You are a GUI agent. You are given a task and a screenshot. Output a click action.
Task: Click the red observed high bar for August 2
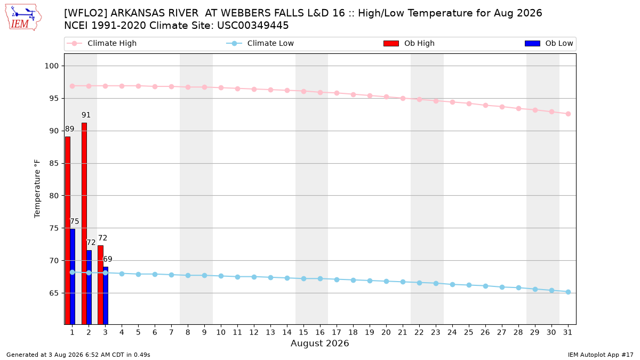tap(84, 223)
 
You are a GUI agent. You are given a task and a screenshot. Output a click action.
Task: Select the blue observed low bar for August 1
tap(73, 277)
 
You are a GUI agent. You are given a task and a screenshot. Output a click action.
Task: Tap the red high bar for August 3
tap(101, 285)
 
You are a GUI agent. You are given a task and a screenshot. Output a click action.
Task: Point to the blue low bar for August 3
tap(106, 295)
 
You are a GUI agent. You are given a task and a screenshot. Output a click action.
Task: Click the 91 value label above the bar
tap(86, 115)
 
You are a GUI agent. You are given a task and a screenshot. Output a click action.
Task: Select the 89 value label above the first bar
tap(70, 129)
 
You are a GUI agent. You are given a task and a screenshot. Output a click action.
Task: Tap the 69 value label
tap(107, 259)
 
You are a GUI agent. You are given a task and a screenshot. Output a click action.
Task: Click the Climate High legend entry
tap(102, 43)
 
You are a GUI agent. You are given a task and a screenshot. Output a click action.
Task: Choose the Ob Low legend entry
tap(549, 43)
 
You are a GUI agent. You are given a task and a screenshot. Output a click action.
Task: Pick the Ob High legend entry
tap(409, 43)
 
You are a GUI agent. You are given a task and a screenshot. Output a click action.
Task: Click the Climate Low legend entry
tap(260, 43)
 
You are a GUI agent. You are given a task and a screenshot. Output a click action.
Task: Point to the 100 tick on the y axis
tap(51, 66)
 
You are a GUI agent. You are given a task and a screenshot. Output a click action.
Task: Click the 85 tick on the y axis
tap(54, 163)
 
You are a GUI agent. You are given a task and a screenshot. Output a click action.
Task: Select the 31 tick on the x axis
tap(567, 332)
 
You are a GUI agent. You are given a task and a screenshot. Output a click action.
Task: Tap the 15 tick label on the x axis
tap(303, 332)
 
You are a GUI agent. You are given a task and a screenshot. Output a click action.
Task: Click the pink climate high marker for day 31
tap(569, 114)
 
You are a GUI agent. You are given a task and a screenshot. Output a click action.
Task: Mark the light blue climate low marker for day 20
tap(386, 282)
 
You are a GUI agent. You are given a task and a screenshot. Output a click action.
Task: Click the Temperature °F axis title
tap(37, 189)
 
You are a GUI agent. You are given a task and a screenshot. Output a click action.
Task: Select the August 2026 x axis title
tap(319, 343)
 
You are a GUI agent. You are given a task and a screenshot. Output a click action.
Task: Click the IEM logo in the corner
tap(23, 18)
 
